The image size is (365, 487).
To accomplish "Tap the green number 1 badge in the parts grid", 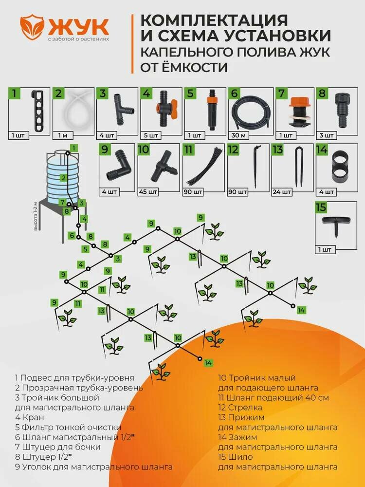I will [16, 93].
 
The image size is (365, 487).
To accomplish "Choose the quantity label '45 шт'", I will [150, 191].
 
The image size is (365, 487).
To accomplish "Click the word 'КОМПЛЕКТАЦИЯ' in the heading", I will [213, 20].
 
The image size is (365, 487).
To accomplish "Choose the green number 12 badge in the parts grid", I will [234, 150].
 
